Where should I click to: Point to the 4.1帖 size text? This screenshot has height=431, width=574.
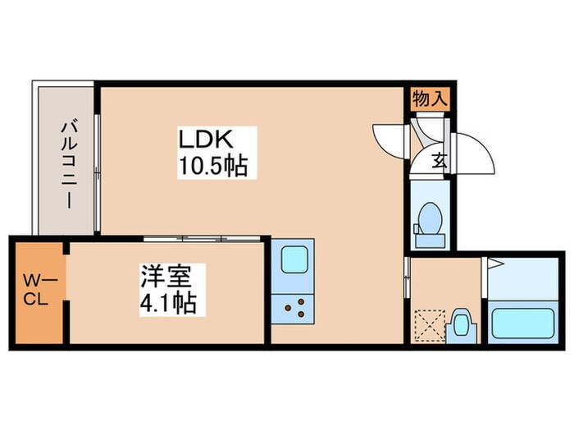(x=167, y=303)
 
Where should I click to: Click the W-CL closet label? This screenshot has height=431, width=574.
(x=35, y=289)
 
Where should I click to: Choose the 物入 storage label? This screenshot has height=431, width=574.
(x=430, y=99)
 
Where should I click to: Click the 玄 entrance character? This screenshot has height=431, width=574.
(x=439, y=160)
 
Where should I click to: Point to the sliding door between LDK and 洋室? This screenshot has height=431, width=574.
(x=203, y=239)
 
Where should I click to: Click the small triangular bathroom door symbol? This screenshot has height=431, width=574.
(x=494, y=264)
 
